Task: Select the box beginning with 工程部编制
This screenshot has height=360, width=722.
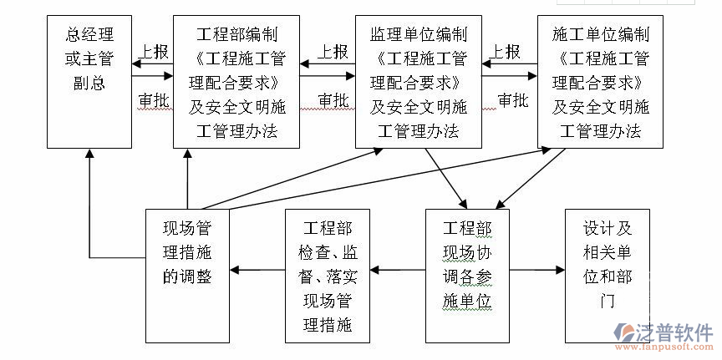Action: (236, 81)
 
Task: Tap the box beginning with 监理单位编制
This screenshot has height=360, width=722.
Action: (418, 81)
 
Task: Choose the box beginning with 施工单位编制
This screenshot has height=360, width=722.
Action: (600, 81)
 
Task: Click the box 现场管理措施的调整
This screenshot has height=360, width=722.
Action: (186, 276)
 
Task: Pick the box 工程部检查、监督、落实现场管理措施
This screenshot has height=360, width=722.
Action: (327, 276)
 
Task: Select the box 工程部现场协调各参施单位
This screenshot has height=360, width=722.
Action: (467, 276)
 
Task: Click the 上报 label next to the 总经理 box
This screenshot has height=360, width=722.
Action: (153, 52)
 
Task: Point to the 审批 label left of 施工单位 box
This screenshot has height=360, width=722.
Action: (512, 100)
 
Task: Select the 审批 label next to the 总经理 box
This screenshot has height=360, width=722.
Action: (153, 100)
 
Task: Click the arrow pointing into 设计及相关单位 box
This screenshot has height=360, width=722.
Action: (538, 270)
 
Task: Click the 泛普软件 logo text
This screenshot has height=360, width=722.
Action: (667, 327)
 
